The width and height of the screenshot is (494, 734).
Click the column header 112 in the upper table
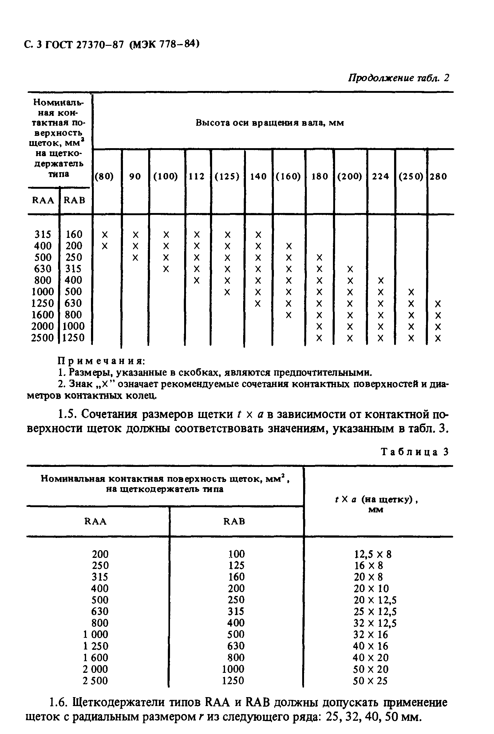pyautogui.click(x=197, y=176)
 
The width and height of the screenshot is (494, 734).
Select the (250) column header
pyautogui.click(x=411, y=176)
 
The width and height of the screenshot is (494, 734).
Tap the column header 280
pyautogui.click(x=438, y=176)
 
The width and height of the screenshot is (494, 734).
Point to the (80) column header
pyautogui.click(x=104, y=176)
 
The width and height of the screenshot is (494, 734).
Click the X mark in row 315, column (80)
pyautogui.click(x=105, y=235)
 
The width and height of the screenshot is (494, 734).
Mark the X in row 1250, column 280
pyautogui.click(x=438, y=304)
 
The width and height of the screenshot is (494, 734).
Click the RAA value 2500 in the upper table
pyautogui.click(x=42, y=338)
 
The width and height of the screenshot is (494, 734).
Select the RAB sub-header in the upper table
pyautogui.click(x=75, y=200)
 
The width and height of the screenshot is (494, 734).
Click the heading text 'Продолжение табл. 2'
pyautogui.click(x=398, y=78)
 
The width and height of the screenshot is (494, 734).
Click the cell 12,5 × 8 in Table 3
pyautogui.click(x=373, y=554)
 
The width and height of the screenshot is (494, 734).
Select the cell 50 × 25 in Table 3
pyautogui.click(x=370, y=681)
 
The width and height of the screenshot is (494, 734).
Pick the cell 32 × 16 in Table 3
pyautogui.click(x=370, y=634)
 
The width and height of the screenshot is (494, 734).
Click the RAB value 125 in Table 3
pyautogui.click(x=236, y=566)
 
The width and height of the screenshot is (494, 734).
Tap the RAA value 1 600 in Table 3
pyautogui.click(x=96, y=658)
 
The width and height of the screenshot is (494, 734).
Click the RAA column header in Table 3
pyautogui.click(x=96, y=522)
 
